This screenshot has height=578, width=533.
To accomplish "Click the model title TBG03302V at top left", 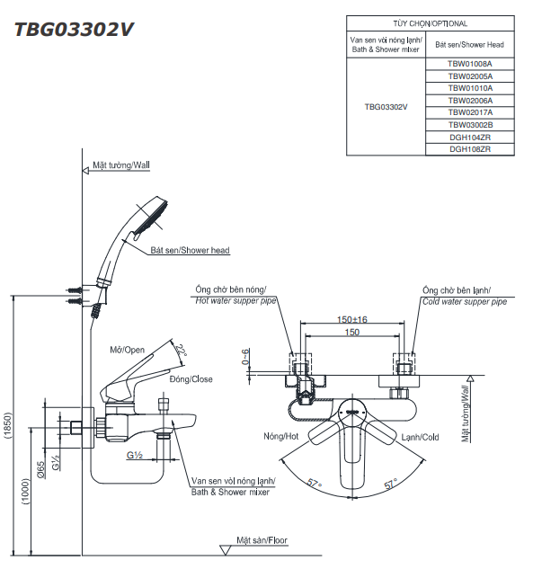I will tap(74, 29).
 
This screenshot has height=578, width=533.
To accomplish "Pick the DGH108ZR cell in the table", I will tap(469, 149).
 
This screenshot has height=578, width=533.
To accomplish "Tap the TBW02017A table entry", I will tap(469, 112).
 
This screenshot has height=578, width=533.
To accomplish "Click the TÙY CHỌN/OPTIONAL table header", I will tap(430, 24).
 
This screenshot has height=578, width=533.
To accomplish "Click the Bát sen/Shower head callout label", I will tap(190, 250).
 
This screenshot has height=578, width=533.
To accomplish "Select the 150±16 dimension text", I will tap(352, 319).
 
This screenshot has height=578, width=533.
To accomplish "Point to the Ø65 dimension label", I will tap(41, 467).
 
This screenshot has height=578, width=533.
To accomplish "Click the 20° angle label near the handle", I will tap(182, 351).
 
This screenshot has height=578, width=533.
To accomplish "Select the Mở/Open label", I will tap(127, 350).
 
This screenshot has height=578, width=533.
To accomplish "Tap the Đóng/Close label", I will tap(191, 379).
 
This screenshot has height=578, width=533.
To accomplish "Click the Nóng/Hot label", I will tap(280, 436).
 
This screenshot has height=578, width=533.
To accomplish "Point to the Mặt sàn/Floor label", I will tap(262, 540).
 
